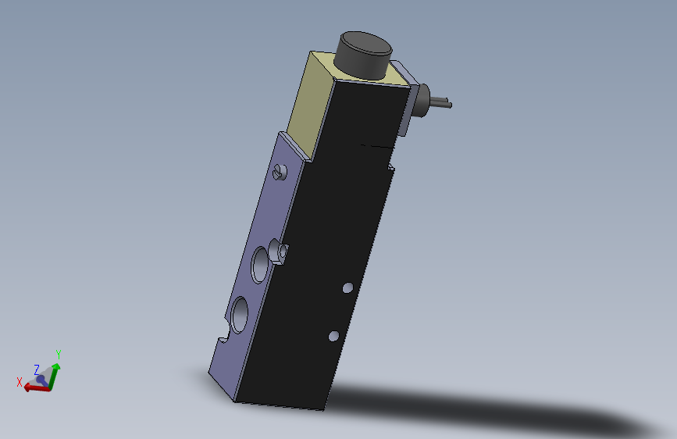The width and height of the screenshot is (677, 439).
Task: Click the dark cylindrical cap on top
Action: pyautogui.click(x=365, y=55)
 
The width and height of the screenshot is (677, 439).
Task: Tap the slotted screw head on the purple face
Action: pyautogui.click(x=280, y=173)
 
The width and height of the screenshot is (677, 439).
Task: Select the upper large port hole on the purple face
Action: pyautogui.click(x=260, y=265)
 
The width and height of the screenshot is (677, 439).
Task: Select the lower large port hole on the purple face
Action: pyautogui.click(x=240, y=315)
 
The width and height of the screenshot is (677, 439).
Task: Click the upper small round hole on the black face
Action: pyautogui.click(x=348, y=287)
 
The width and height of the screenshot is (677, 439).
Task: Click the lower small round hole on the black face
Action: pyautogui.click(x=333, y=336)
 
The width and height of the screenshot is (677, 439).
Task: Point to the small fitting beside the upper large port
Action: pyautogui.click(x=279, y=252)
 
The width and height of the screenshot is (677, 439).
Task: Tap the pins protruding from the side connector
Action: pyautogui.click(x=441, y=102)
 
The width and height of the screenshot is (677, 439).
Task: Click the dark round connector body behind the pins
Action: pyautogui.click(x=422, y=100)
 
